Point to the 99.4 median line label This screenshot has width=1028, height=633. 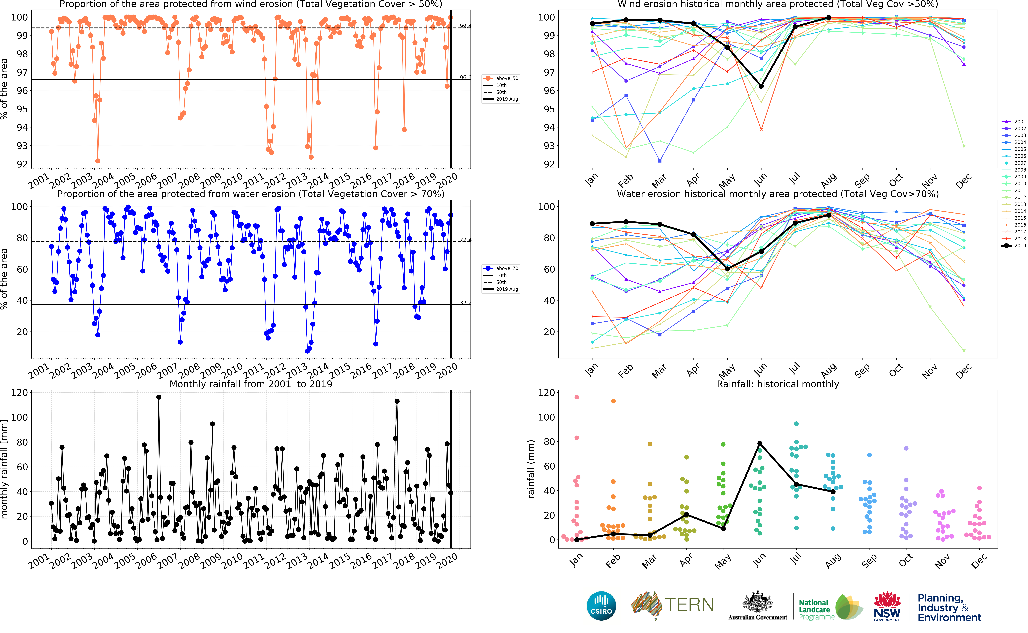(x=465, y=26)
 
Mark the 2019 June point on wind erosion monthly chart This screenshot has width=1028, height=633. (x=761, y=86)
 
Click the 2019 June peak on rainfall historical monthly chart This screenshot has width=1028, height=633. (x=760, y=443)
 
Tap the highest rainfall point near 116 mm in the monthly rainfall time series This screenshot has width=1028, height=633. (x=159, y=397)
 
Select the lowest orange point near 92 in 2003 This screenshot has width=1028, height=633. (x=98, y=161)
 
